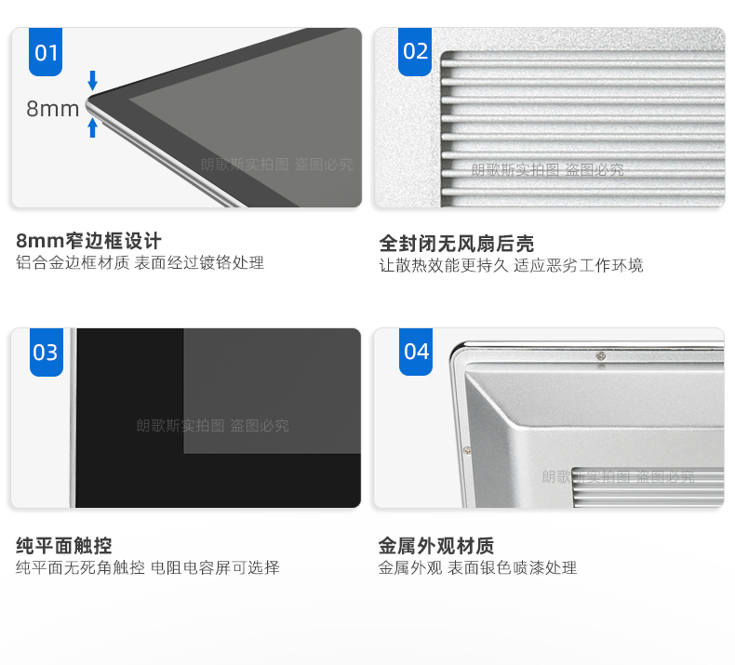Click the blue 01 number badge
[46, 51]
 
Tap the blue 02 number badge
[415, 51]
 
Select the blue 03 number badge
[47, 352]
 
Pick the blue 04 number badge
[416, 352]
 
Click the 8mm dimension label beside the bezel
[52, 109]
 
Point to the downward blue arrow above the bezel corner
[93, 81]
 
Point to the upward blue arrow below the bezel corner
[93, 127]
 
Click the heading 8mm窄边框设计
[88, 241]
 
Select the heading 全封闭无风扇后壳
[457, 244]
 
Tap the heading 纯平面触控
[64, 546]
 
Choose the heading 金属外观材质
[436, 546]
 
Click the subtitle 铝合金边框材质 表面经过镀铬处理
[140, 262]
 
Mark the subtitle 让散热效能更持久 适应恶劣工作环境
[511, 265]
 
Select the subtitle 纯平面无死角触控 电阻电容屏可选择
[148, 567]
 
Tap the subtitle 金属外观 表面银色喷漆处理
[477, 567]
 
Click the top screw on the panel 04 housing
[600, 356]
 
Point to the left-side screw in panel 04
[467, 450]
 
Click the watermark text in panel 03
[212, 426]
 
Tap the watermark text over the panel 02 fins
[547, 169]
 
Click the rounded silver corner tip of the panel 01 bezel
[88, 104]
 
